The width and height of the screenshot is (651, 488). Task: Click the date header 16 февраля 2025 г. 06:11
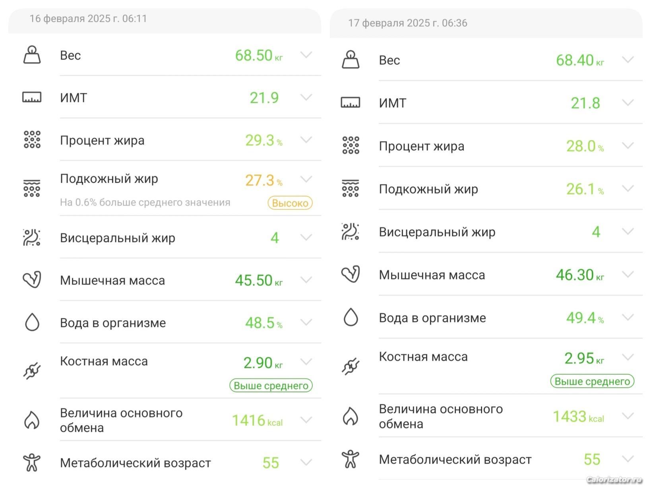tap(88, 19)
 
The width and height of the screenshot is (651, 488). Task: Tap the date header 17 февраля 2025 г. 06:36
tap(407, 23)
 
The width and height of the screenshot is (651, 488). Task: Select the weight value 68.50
tap(254, 56)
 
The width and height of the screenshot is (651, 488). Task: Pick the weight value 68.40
tap(574, 60)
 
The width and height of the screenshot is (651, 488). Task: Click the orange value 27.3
tap(260, 180)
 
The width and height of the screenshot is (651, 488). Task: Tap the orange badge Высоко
tap(290, 203)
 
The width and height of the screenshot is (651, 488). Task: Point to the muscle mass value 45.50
tap(254, 281)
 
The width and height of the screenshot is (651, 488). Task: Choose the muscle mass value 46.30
tap(574, 275)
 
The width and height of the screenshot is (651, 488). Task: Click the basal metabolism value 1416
tap(248, 420)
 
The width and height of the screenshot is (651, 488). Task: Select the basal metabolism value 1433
tap(570, 416)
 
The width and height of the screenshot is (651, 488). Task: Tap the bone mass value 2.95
tap(579, 358)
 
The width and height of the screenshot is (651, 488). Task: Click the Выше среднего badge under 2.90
tap(271, 385)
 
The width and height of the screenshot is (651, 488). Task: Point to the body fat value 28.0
tap(581, 146)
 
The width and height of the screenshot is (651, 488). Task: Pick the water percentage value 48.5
tap(260, 323)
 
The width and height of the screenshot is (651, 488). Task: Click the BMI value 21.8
tap(585, 103)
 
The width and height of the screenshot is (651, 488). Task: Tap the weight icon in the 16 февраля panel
tap(32, 55)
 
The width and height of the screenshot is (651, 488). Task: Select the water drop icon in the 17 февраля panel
tap(351, 318)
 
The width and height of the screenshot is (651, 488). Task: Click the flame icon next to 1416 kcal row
tap(32, 420)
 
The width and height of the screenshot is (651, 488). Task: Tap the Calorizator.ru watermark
tap(614, 480)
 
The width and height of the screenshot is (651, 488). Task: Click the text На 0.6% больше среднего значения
tap(145, 203)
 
